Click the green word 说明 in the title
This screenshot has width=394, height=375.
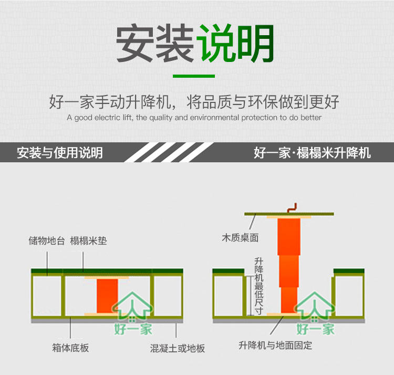[x=236, y=44]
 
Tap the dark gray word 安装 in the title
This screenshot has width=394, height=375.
[x=156, y=44]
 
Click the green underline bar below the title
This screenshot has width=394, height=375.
[x=194, y=76]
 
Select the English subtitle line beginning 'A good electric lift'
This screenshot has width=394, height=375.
[x=194, y=118]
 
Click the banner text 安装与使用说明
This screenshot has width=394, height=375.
[x=59, y=153]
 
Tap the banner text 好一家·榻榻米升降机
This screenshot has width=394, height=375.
[x=312, y=153]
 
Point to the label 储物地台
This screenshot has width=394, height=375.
[x=47, y=241]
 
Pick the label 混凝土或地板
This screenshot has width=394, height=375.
[x=177, y=348]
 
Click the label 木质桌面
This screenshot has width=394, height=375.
[x=240, y=238]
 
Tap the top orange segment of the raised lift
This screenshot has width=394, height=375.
[x=289, y=236]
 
